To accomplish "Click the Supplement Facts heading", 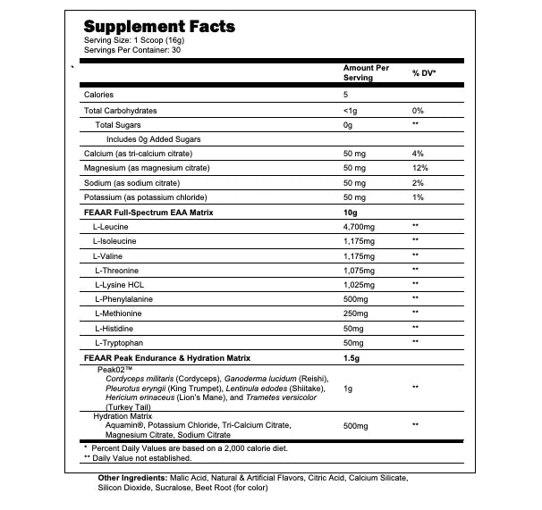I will coord(159,27).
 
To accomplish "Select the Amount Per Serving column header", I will coord(367,73).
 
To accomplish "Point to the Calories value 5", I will coord(345,95).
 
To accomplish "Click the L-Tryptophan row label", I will coord(122,342).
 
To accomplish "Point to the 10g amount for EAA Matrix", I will coord(351,212).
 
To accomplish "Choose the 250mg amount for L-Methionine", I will coord(356,314).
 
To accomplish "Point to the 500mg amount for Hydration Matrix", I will coord(356,426).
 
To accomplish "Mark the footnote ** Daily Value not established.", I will coord(138,458).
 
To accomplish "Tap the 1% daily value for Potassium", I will coord(417,197).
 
